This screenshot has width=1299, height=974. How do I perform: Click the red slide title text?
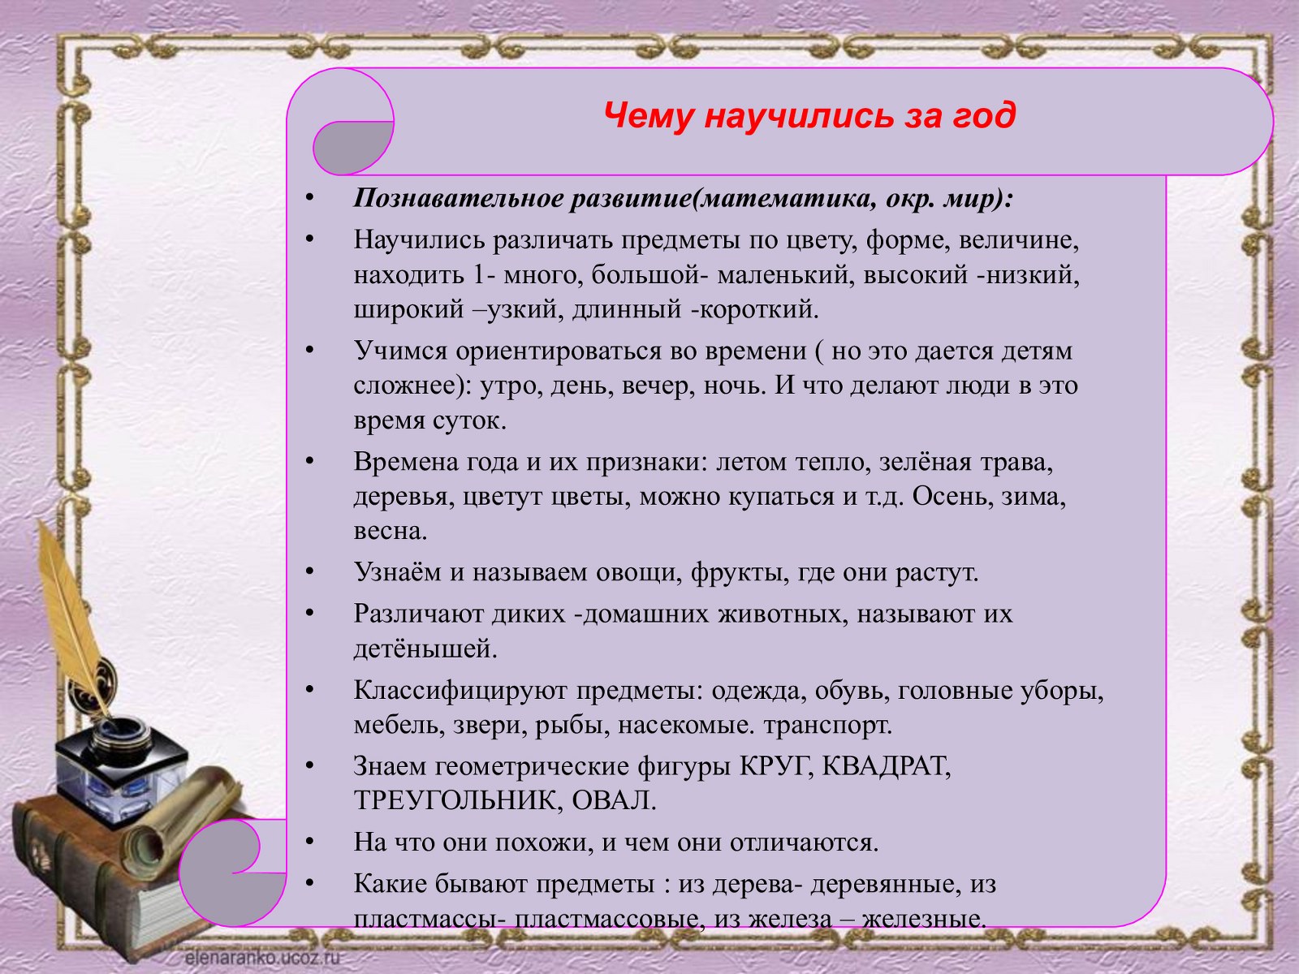pos(809,115)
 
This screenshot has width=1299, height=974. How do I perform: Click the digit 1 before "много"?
pos(479,275)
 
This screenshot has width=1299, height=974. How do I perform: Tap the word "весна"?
pos(390,531)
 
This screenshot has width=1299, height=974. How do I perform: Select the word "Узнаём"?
pos(397,572)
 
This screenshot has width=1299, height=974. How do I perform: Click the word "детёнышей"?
pos(425,649)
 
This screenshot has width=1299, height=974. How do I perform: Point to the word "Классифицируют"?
pos(460,690)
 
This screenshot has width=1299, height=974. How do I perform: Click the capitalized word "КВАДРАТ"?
pos(887,766)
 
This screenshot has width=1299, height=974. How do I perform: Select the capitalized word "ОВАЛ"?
pos(615,801)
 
